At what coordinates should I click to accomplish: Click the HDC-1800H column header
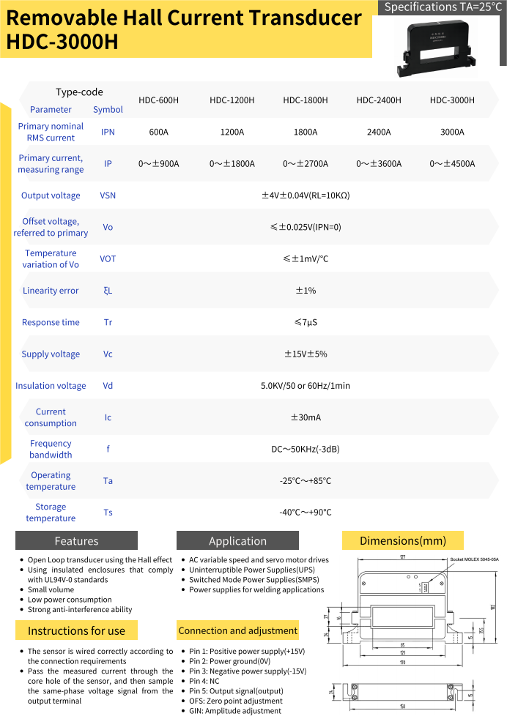click(x=305, y=100)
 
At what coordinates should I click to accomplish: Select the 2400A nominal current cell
click(x=379, y=133)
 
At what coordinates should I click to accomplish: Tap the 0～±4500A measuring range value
click(x=452, y=164)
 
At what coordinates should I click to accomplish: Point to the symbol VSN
click(x=108, y=195)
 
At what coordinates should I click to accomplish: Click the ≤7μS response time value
click(x=306, y=322)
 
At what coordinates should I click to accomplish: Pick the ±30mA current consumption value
click(x=306, y=417)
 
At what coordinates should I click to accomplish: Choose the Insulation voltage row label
click(x=51, y=386)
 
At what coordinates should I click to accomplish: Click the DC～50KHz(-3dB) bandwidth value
click(x=306, y=449)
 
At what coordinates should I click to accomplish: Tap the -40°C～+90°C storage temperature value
click(x=306, y=513)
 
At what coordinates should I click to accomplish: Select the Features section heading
click(x=76, y=541)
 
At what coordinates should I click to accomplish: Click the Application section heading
click(x=237, y=541)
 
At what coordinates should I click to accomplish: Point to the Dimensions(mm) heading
click(x=403, y=541)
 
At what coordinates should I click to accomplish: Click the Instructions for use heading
click(x=76, y=630)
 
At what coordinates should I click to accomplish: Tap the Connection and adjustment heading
click(x=238, y=630)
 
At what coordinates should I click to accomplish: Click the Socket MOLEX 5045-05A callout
click(x=474, y=559)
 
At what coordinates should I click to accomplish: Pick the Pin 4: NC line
click(x=206, y=681)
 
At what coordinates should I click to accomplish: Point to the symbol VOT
click(x=108, y=259)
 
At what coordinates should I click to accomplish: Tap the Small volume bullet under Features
click(x=51, y=589)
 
